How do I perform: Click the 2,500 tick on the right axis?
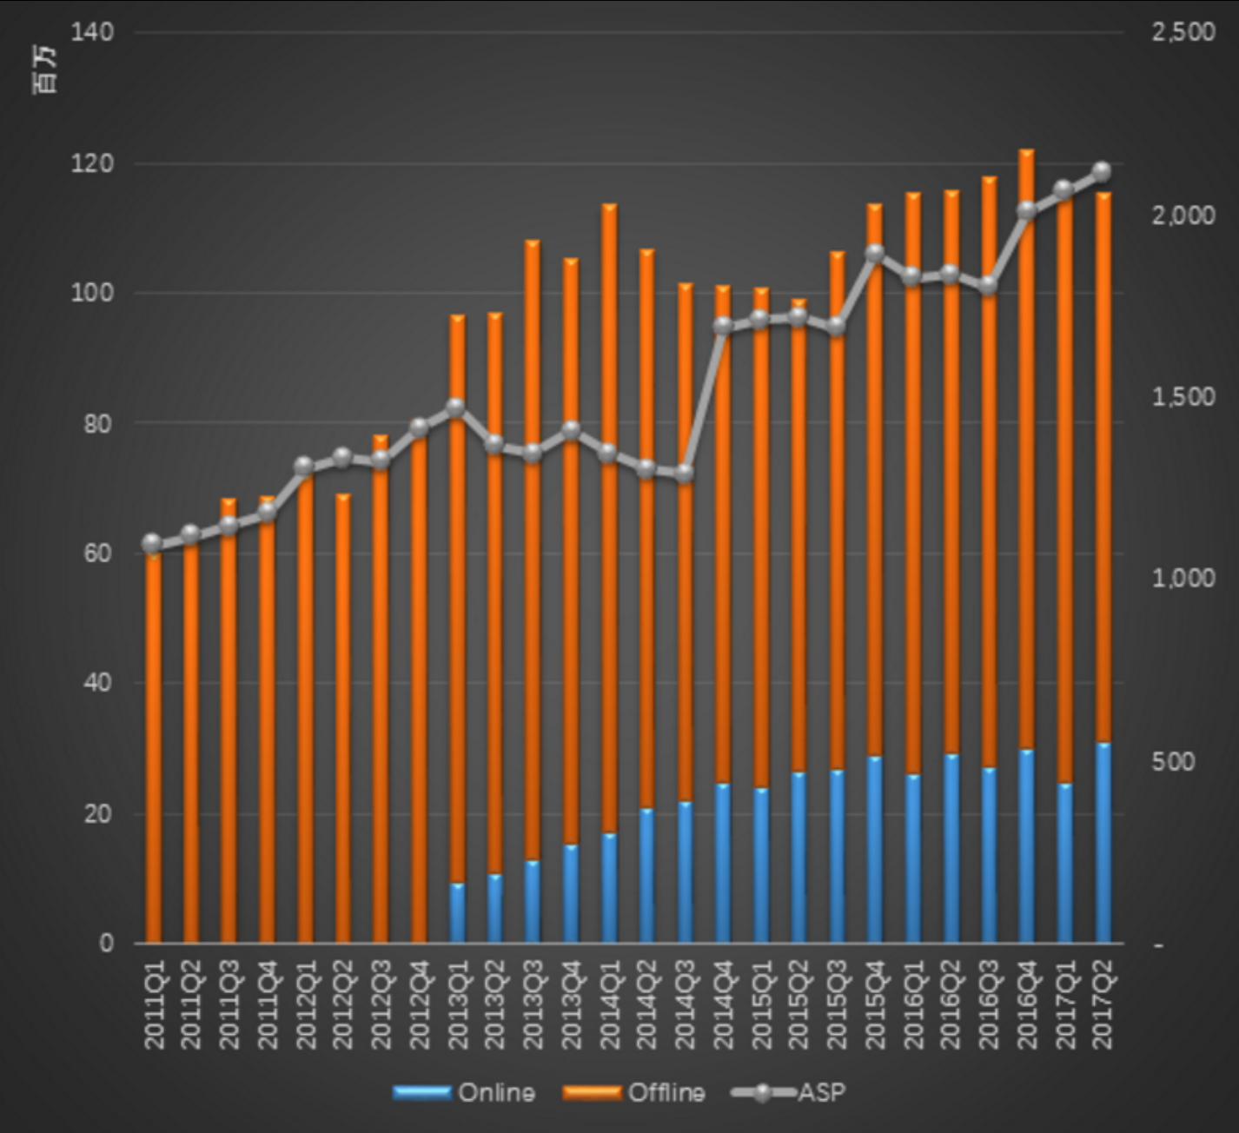[x=1183, y=33]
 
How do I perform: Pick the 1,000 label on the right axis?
[x=1183, y=578]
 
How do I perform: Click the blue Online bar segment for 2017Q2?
[x=1103, y=843]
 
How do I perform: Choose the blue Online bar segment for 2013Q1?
[x=457, y=912]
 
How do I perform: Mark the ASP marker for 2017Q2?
[x=1102, y=170]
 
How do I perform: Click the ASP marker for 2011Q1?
[x=153, y=544]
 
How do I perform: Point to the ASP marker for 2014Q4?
[x=723, y=326]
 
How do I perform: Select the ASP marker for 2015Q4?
[x=875, y=253]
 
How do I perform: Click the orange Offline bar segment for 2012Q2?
[x=342, y=721]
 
